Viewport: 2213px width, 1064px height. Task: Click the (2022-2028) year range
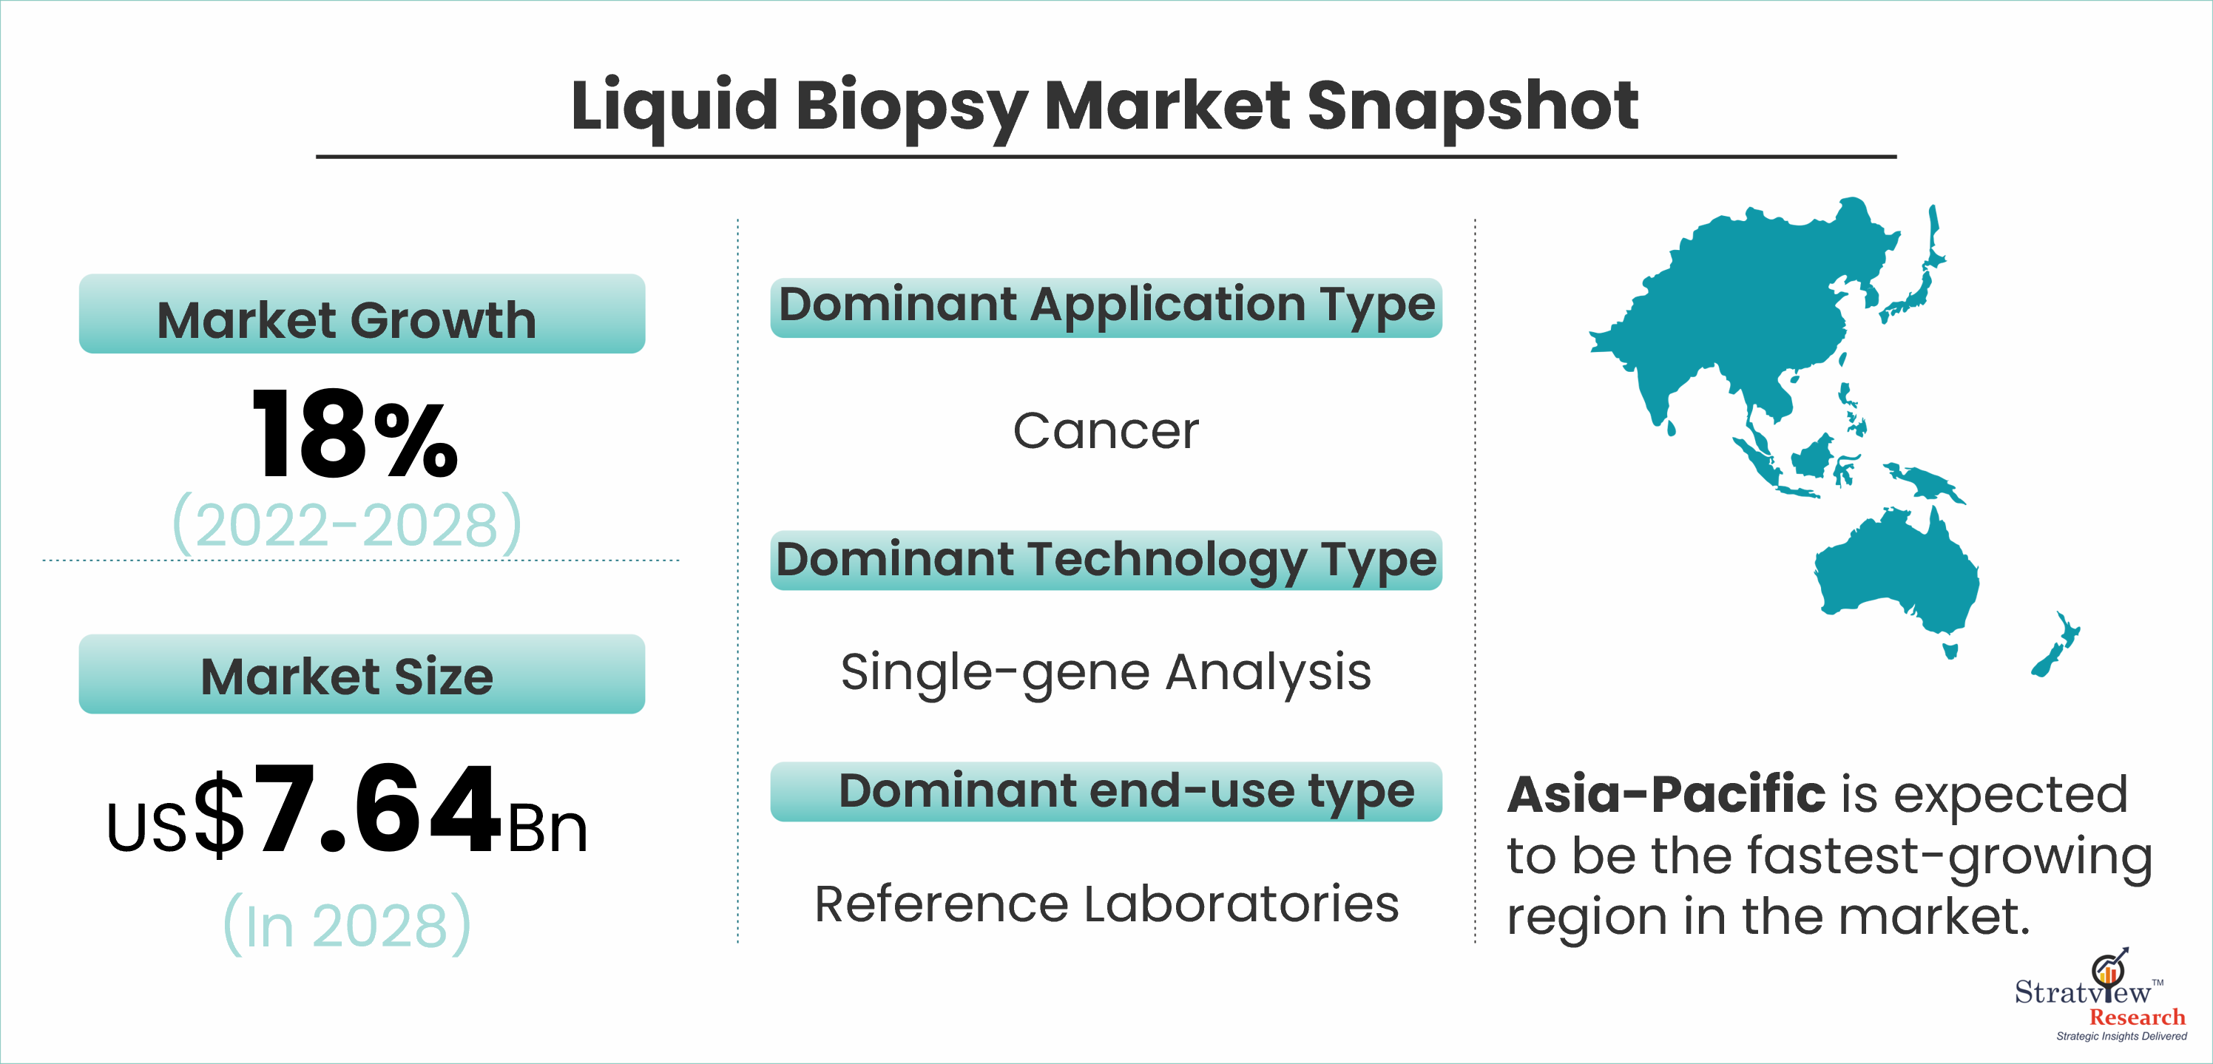pyautogui.click(x=347, y=523)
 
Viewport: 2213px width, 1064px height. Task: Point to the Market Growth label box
pyautogui.click(x=362, y=314)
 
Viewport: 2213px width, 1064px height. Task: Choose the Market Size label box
pyautogui.click(x=362, y=674)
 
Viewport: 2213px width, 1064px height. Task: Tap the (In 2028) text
pyautogui.click(x=347, y=924)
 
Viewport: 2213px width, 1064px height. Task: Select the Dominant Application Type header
pyautogui.click(x=1106, y=308)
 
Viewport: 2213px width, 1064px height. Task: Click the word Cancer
pyautogui.click(x=1106, y=430)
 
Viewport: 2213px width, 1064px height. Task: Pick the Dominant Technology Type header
pyautogui.click(x=1106, y=560)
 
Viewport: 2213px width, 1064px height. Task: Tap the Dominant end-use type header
pyautogui.click(x=1106, y=792)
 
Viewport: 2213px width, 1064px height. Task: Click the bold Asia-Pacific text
pyautogui.click(x=1666, y=794)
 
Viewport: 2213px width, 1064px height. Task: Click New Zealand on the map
pyautogui.click(x=2055, y=645)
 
